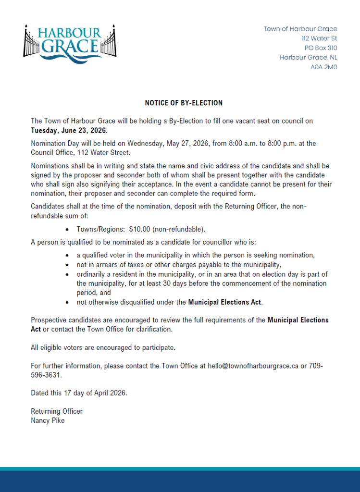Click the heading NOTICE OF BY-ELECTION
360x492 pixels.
coord(184,103)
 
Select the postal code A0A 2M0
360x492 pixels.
coord(323,67)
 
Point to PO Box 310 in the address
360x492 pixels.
coord(321,48)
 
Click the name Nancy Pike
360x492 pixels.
coord(48,420)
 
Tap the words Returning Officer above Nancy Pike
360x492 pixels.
coord(57,411)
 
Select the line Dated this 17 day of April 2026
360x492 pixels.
coord(79,393)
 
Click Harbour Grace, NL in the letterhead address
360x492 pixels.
coord(308,58)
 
